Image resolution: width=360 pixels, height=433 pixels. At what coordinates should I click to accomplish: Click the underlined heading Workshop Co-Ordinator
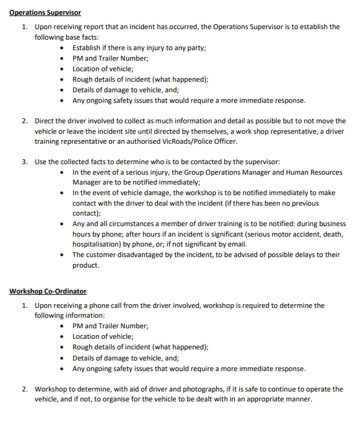(x=48, y=291)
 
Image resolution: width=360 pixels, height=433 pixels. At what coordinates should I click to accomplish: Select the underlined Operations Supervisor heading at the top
(x=45, y=12)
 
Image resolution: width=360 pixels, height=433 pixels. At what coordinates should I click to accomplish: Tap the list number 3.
(x=24, y=161)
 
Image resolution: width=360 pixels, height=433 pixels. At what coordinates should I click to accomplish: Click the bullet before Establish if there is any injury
(x=63, y=48)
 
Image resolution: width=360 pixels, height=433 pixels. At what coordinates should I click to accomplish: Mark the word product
(x=86, y=265)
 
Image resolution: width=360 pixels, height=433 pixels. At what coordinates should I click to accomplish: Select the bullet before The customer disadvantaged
(x=63, y=255)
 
